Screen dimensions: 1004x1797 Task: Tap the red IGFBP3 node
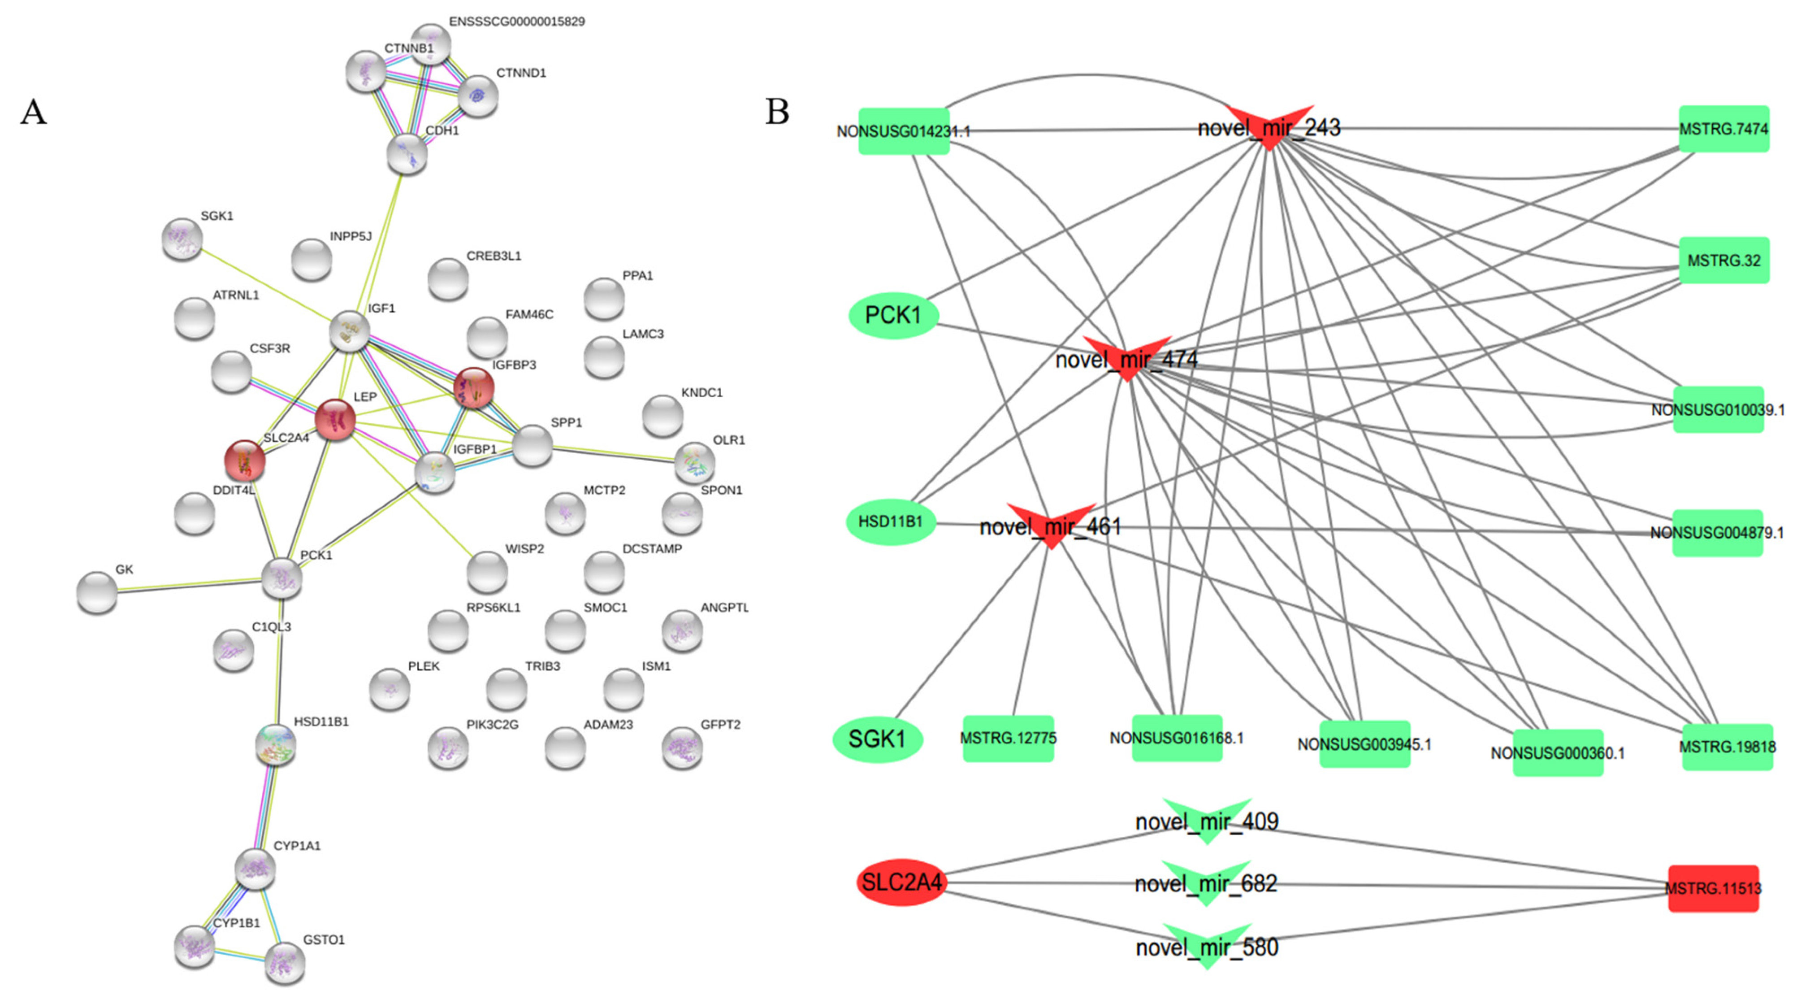click(x=474, y=388)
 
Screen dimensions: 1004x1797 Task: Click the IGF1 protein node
click(x=349, y=331)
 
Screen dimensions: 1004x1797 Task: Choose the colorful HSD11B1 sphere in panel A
click(x=276, y=744)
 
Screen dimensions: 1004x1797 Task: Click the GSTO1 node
click(x=285, y=963)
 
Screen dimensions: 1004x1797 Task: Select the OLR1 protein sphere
click(x=695, y=462)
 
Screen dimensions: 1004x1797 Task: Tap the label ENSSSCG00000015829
click(x=516, y=22)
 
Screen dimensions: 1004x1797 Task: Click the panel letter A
click(x=34, y=112)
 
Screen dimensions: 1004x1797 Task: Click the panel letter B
click(x=777, y=112)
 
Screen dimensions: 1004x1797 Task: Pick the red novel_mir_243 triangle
click(x=1269, y=126)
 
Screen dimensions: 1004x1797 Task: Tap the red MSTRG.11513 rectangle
click(x=1713, y=888)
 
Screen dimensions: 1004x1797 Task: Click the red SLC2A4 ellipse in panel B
click(x=902, y=882)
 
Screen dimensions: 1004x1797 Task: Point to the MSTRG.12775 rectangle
click(x=1008, y=738)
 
